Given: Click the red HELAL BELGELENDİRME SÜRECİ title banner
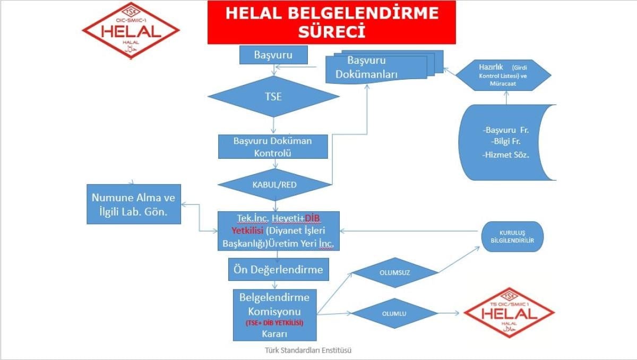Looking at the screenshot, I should [x=331, y=22].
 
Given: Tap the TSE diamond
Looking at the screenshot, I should [x=273, y=97].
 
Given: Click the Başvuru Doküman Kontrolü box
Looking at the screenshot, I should [x=273, y=147].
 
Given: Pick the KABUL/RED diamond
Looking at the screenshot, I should [x=274, y=185].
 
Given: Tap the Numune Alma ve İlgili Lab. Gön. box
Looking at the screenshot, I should [x=133, y=204].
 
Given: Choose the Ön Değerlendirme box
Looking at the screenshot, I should [x=278, y=270].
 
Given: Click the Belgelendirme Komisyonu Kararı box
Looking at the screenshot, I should [x=274, y=315].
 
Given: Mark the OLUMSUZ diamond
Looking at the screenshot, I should [x=394, y=273].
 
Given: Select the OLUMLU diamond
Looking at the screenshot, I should [x=394, y=313].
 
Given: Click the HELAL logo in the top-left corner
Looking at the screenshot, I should [x=131, y=30].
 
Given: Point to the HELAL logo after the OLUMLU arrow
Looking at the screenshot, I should [x=509, y=313].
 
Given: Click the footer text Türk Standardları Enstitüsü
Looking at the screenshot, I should [x=308, y=350].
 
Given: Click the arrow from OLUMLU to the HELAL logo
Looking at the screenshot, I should [x=449, y=313].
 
